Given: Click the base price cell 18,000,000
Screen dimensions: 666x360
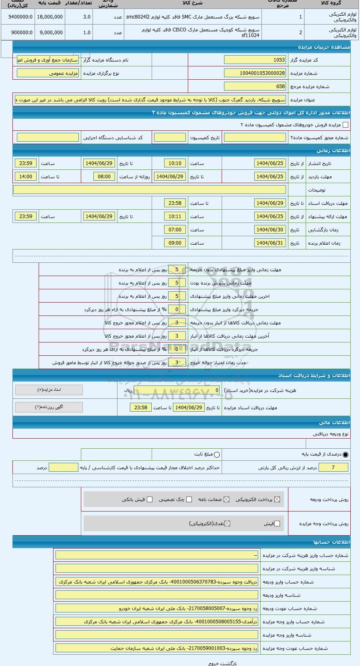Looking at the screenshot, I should (49, 17).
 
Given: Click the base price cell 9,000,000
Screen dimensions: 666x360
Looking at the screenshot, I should (49, 33).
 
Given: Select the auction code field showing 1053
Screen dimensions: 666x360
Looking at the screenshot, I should (255, 60).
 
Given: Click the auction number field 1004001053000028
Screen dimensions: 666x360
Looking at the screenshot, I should (255, 73).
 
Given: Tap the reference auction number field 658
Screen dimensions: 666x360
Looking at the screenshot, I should (255, 87).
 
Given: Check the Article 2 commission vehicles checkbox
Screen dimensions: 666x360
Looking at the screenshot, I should (345, 125).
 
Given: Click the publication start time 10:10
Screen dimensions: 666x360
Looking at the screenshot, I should (175, 163).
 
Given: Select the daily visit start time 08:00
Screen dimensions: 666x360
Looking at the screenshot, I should (104, 177).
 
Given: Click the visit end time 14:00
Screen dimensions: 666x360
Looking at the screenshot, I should (26, 177).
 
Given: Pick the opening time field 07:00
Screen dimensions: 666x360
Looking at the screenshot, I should (175, 230).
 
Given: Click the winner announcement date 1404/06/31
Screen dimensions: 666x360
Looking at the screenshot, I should (270, 243).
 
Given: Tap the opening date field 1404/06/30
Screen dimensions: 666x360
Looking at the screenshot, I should (270, 230).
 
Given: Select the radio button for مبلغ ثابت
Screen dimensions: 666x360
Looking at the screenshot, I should (217, 455).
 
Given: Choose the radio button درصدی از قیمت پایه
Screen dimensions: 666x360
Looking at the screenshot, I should (346, 455).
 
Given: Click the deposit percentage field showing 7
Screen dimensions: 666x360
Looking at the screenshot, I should (333, 467).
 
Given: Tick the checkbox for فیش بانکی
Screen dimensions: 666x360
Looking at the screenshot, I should (150, 499).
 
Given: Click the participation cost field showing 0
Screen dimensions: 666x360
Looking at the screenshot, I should (177, 390).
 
